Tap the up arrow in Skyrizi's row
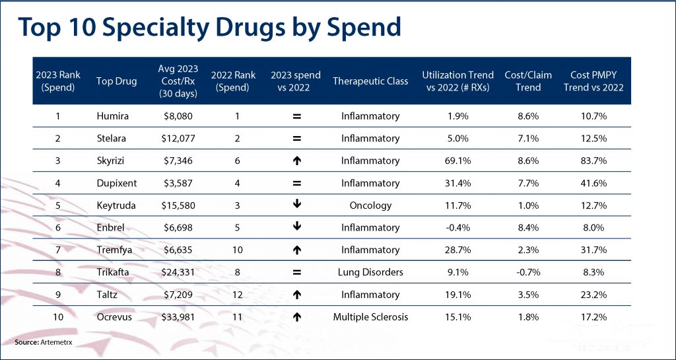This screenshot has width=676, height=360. point(296,161)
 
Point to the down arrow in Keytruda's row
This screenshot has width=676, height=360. point(296,205)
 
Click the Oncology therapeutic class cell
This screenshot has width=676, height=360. point(370,205)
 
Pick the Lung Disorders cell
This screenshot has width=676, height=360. point(370,272)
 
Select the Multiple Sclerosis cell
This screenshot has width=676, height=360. point(370,317)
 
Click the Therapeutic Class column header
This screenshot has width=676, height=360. point(370,81)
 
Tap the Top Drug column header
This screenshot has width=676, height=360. point(117,81)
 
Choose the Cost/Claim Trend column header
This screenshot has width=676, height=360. point(523,81)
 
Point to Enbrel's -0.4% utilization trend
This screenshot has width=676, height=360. point(458,228)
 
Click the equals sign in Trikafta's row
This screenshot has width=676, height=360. point(296,272)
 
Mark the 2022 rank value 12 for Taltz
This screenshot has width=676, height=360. point(237,295)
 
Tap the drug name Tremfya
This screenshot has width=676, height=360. point(114,250)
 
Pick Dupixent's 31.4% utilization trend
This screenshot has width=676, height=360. point(458,183)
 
